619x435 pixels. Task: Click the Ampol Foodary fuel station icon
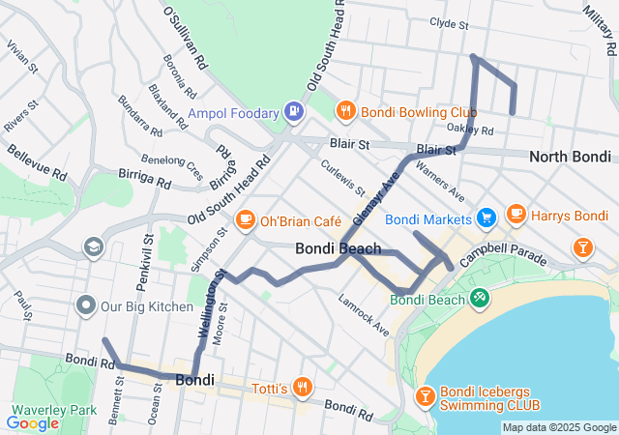(293, 112)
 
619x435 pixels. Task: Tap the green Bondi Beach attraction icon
(479, 298)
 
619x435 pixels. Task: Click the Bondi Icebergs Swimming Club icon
(425, 395)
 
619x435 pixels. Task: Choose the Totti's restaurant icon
(303, 388)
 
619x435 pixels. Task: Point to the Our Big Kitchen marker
(85, 307)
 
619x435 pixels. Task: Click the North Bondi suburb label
(570, 157)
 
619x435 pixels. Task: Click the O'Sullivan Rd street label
(186, 38)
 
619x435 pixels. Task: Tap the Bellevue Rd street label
(38, 162)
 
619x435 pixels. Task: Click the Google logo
(33, 422)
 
